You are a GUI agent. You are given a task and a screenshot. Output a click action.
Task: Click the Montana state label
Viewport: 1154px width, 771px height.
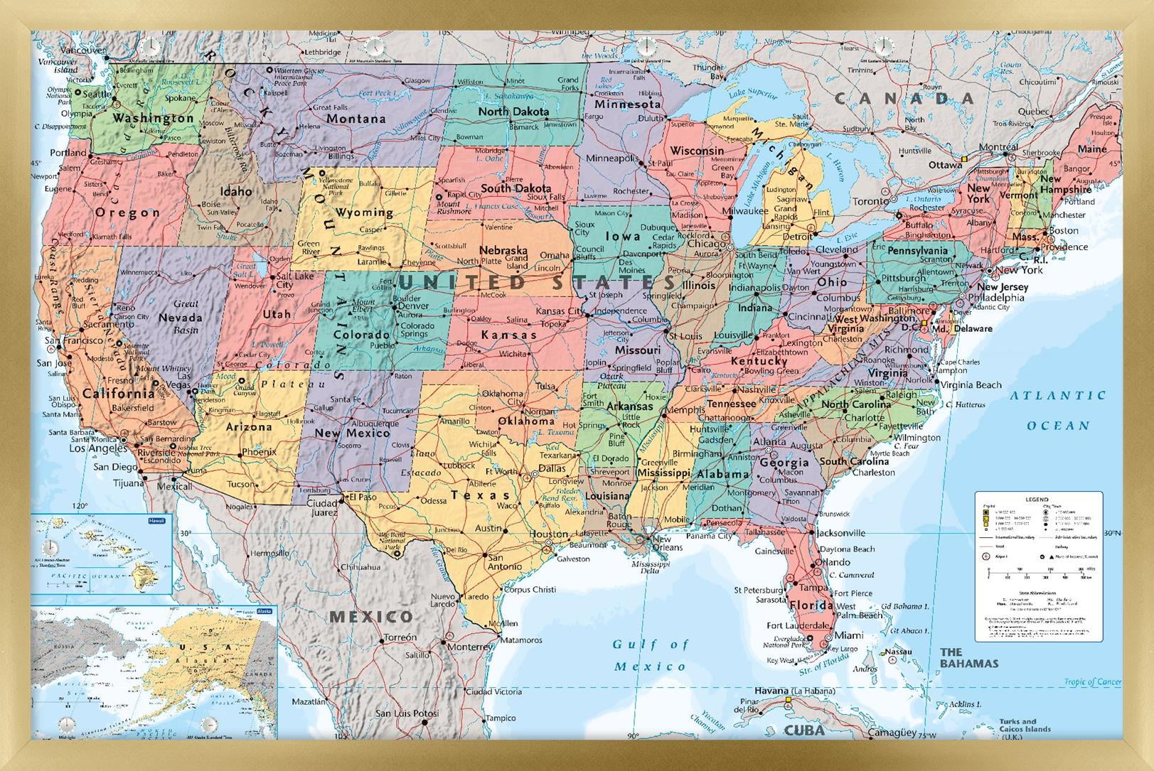356,119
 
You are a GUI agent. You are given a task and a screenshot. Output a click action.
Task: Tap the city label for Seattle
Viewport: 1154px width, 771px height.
97,94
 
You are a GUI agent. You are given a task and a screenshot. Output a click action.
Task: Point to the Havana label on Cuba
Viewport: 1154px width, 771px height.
771,691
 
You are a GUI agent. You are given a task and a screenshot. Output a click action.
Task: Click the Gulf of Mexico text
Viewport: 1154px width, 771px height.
650,655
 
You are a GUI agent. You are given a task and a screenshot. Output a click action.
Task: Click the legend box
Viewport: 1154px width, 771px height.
1038,566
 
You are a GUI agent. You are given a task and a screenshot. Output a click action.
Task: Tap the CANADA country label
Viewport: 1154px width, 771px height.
904,99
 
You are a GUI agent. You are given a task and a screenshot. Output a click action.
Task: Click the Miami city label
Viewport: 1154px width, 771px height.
849,635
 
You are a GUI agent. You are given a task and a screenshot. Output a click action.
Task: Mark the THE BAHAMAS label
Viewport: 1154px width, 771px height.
968,657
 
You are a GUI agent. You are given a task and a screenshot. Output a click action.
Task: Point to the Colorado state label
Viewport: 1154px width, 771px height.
361,334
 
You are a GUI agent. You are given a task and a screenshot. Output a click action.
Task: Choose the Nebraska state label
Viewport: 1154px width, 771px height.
503,250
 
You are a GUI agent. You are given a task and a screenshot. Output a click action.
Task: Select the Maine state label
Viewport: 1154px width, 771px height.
1091,149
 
